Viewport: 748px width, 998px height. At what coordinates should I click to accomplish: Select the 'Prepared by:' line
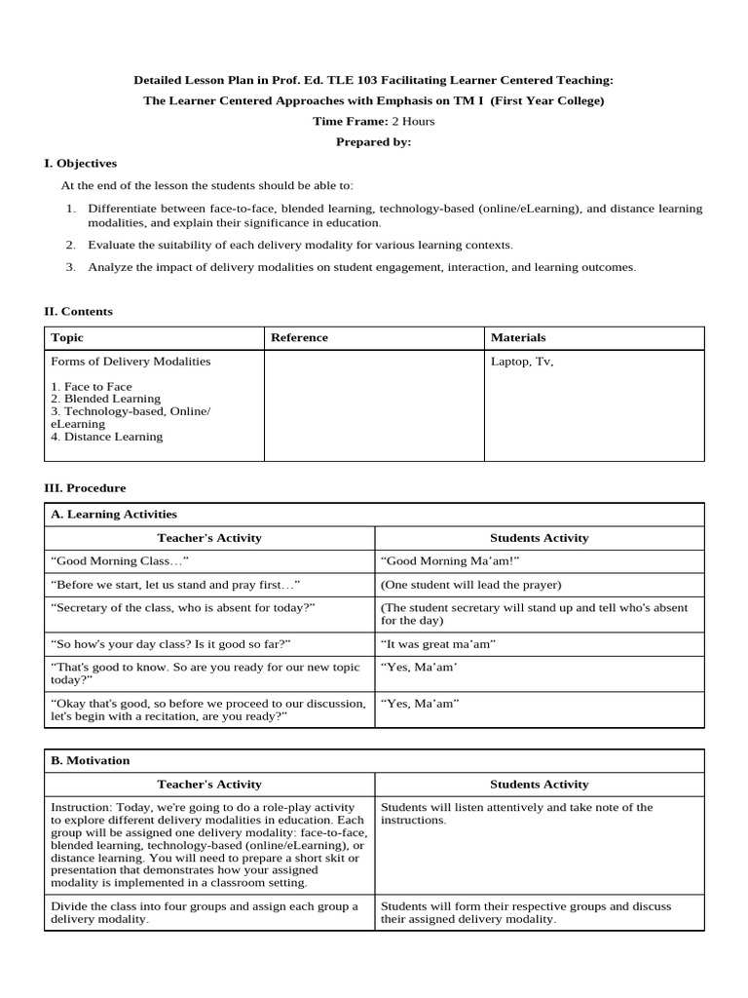click(x=374, y=142)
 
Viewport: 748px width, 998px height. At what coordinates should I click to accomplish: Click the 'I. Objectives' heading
click(x=81, y=164)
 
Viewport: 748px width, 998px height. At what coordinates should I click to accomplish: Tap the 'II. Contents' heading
click(x=78, y=312)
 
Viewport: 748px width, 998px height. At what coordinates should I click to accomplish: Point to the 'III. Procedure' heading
click(x=85, y=487)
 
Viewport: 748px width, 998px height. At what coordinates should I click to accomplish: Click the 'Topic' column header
click(x=67, y=337)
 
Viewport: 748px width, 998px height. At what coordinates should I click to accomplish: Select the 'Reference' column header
click(x=299, y=337)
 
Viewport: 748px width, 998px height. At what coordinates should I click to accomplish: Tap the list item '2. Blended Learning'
click(x=105, y=399)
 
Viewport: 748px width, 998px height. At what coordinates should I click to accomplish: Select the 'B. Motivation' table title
click(x=90, y=760)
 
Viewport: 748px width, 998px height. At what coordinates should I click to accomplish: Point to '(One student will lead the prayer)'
click(x=471, y=585)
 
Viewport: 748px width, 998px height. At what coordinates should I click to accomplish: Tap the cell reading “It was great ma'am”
click(x=438, y=644)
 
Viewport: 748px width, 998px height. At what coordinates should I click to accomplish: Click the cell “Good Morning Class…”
click(x=119, y=561)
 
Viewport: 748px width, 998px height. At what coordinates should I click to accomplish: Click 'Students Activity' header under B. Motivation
click(x=539, y=784)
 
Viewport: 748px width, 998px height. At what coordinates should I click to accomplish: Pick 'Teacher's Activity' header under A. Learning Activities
click(x=209, y=538)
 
